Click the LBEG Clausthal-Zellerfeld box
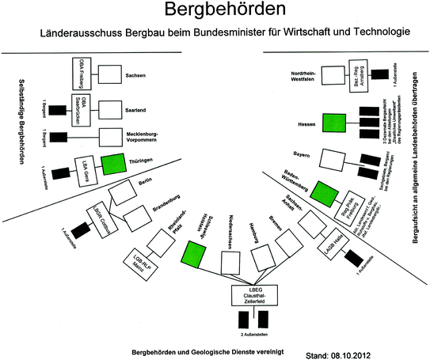(251, 295)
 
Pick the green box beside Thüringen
(112, 161)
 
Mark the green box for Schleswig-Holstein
(192, 253)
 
